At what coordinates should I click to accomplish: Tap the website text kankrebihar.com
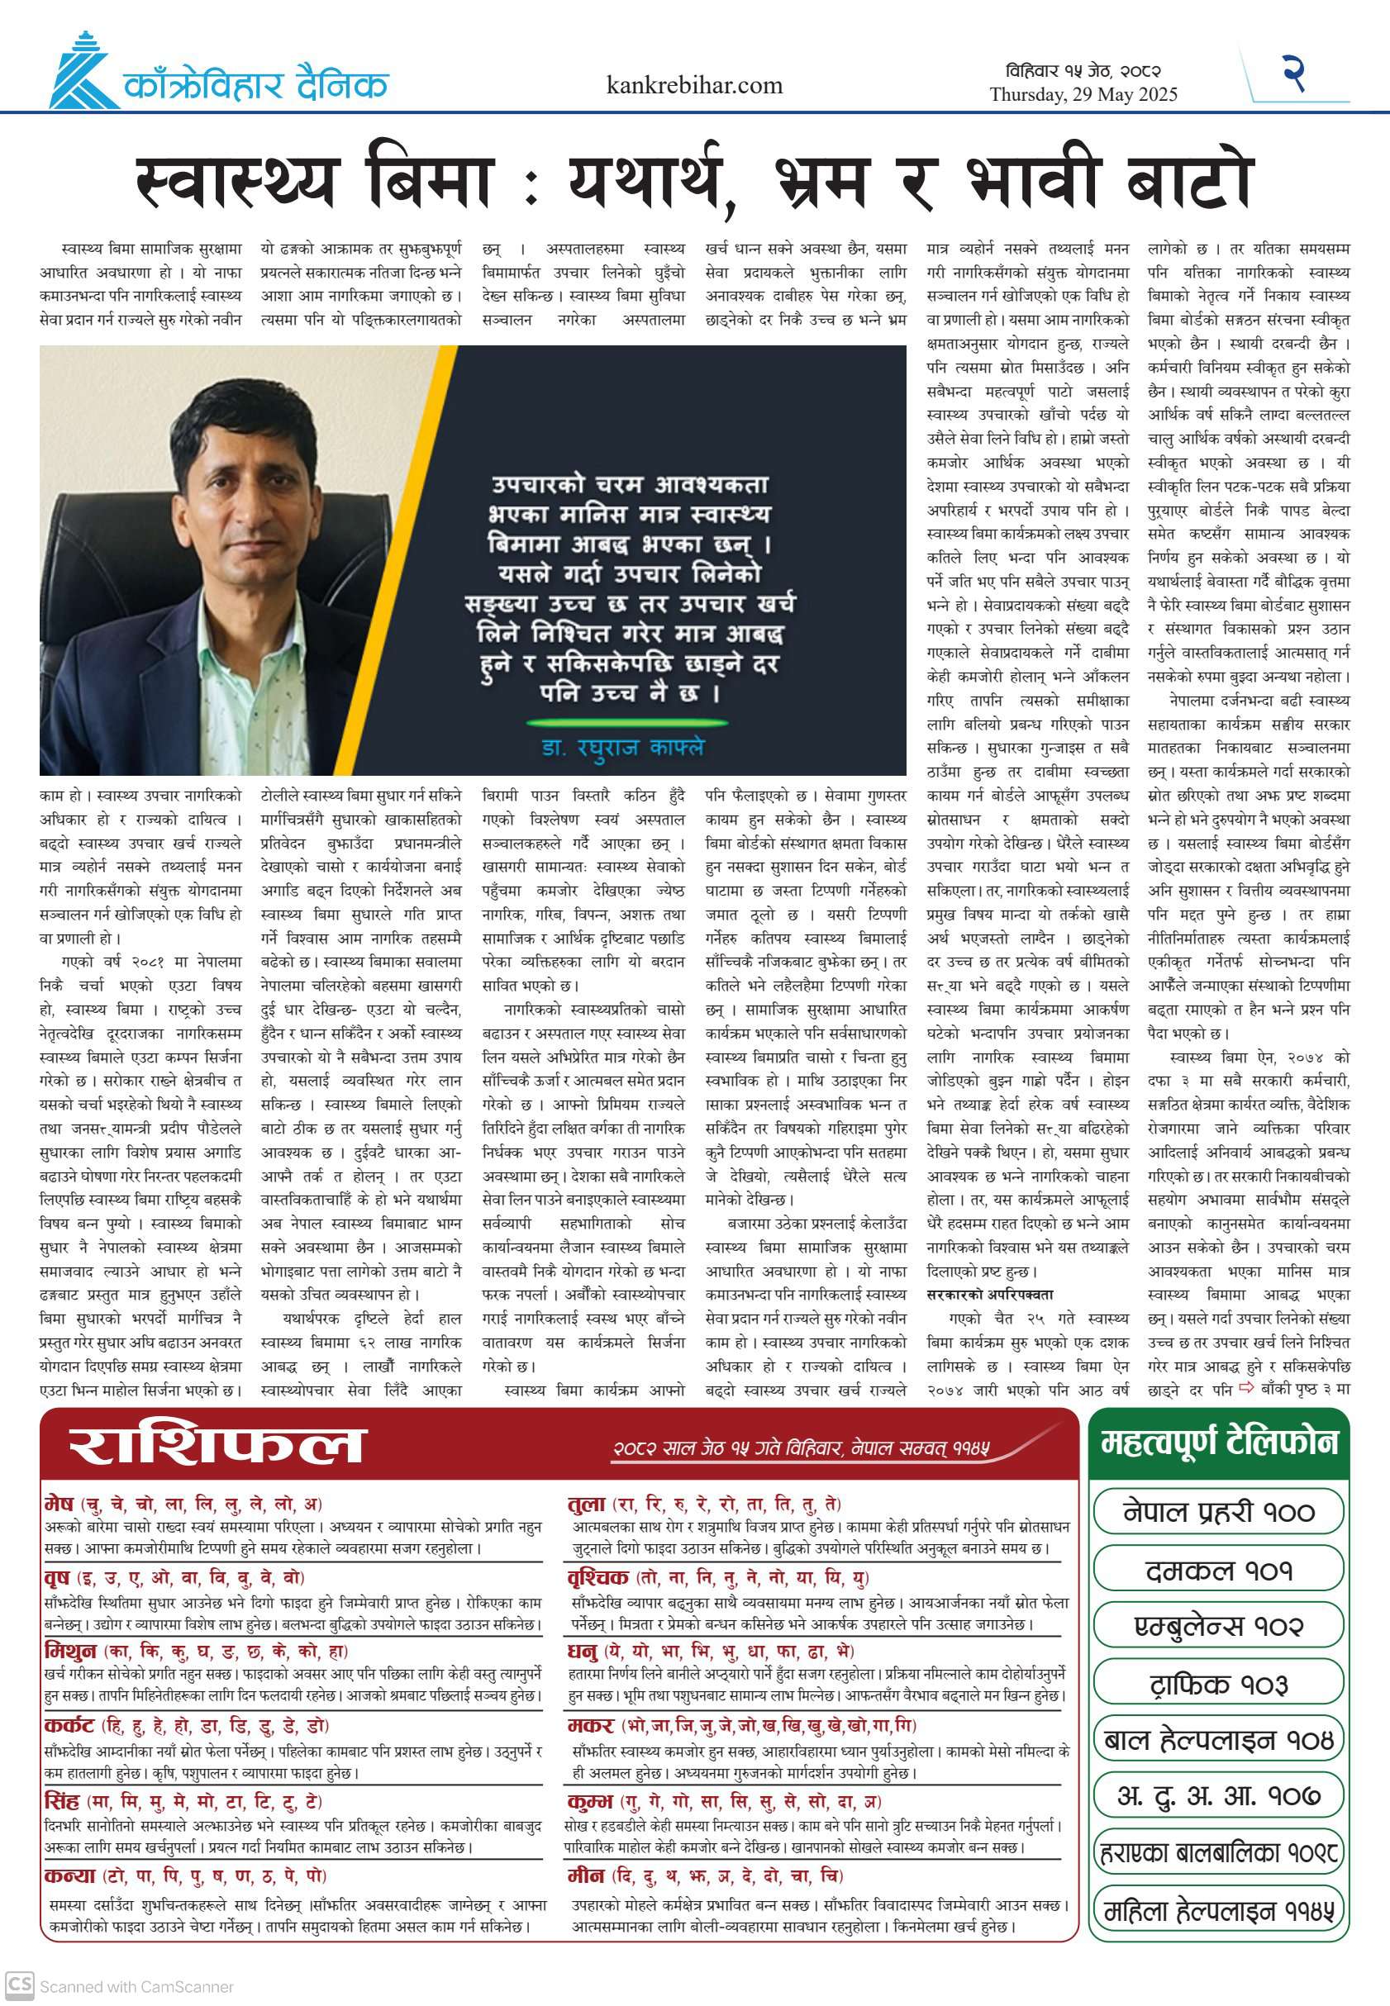point(694,85)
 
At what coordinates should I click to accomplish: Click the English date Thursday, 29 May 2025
point(1083,95)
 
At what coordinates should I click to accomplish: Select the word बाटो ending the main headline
point(1189,182)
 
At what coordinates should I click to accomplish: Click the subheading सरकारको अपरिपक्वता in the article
point(989,1295)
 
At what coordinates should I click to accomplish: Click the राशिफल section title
point(215,1446)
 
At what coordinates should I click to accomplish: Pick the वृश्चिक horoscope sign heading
point(597,1578)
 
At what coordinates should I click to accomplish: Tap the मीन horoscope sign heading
point(585,1875)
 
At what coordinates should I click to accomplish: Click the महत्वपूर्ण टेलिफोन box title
point(1218,1443)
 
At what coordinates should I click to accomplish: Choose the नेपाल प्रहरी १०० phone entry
point(1218,1512)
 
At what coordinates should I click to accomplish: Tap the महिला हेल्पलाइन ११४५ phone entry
point(1218,1912)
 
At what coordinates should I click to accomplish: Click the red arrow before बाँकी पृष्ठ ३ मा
point(1246,1388)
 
